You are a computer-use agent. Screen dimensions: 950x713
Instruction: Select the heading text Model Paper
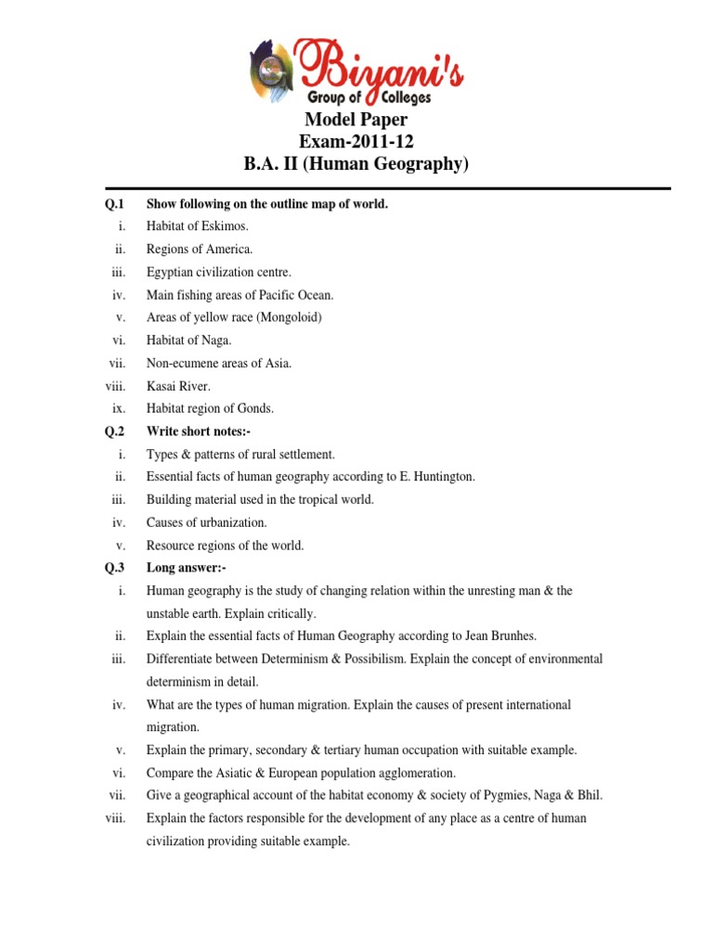tap(356, 121)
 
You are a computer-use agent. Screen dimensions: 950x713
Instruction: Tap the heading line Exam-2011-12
tap(356, 143)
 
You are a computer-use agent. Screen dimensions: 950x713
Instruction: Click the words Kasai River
tap(178, 386)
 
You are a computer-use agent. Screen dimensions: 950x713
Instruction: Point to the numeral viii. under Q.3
tap(116, 818)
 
